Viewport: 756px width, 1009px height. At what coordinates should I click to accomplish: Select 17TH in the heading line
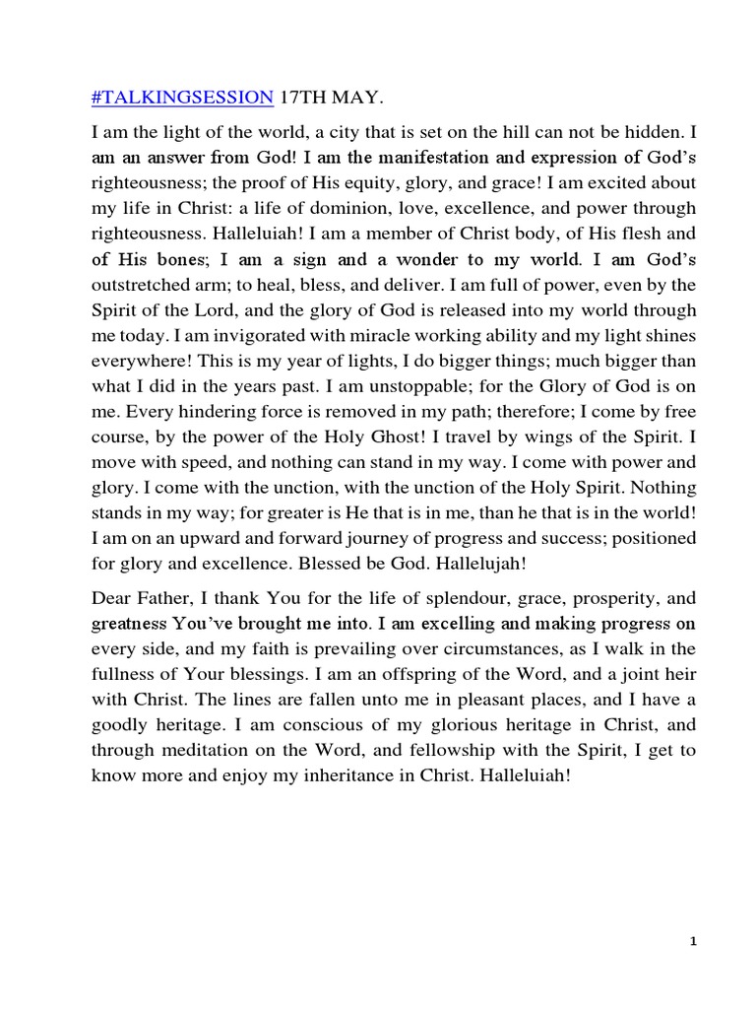pos(302,97)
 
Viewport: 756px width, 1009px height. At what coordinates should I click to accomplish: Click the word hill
pos(467,131)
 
